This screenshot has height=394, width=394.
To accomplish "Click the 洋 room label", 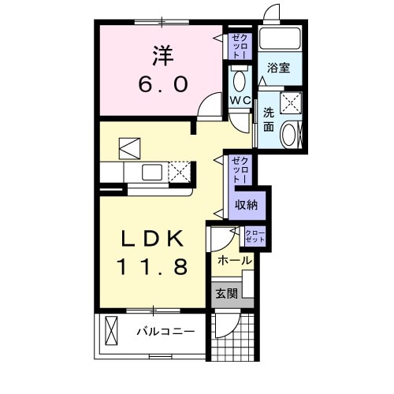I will pyautogui.click(x=162, y=56).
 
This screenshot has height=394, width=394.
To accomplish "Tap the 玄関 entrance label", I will pyautogui.click(x=226, y=294).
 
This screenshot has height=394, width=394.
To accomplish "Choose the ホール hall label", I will pyautogui.click(x=234, y=260).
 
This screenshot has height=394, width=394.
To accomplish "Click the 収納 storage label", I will pyautogui.click(x=246, y=205).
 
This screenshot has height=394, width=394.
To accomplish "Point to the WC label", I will pyautogui.click(x=240, y=101).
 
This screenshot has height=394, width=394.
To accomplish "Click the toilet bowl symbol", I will pyautogui.click(x=240, y=80).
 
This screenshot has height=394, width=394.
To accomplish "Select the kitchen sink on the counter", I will pyautogui.click(x=151, y=172).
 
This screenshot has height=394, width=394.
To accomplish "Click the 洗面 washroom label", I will pyautogui.click(x=268, y=118).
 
